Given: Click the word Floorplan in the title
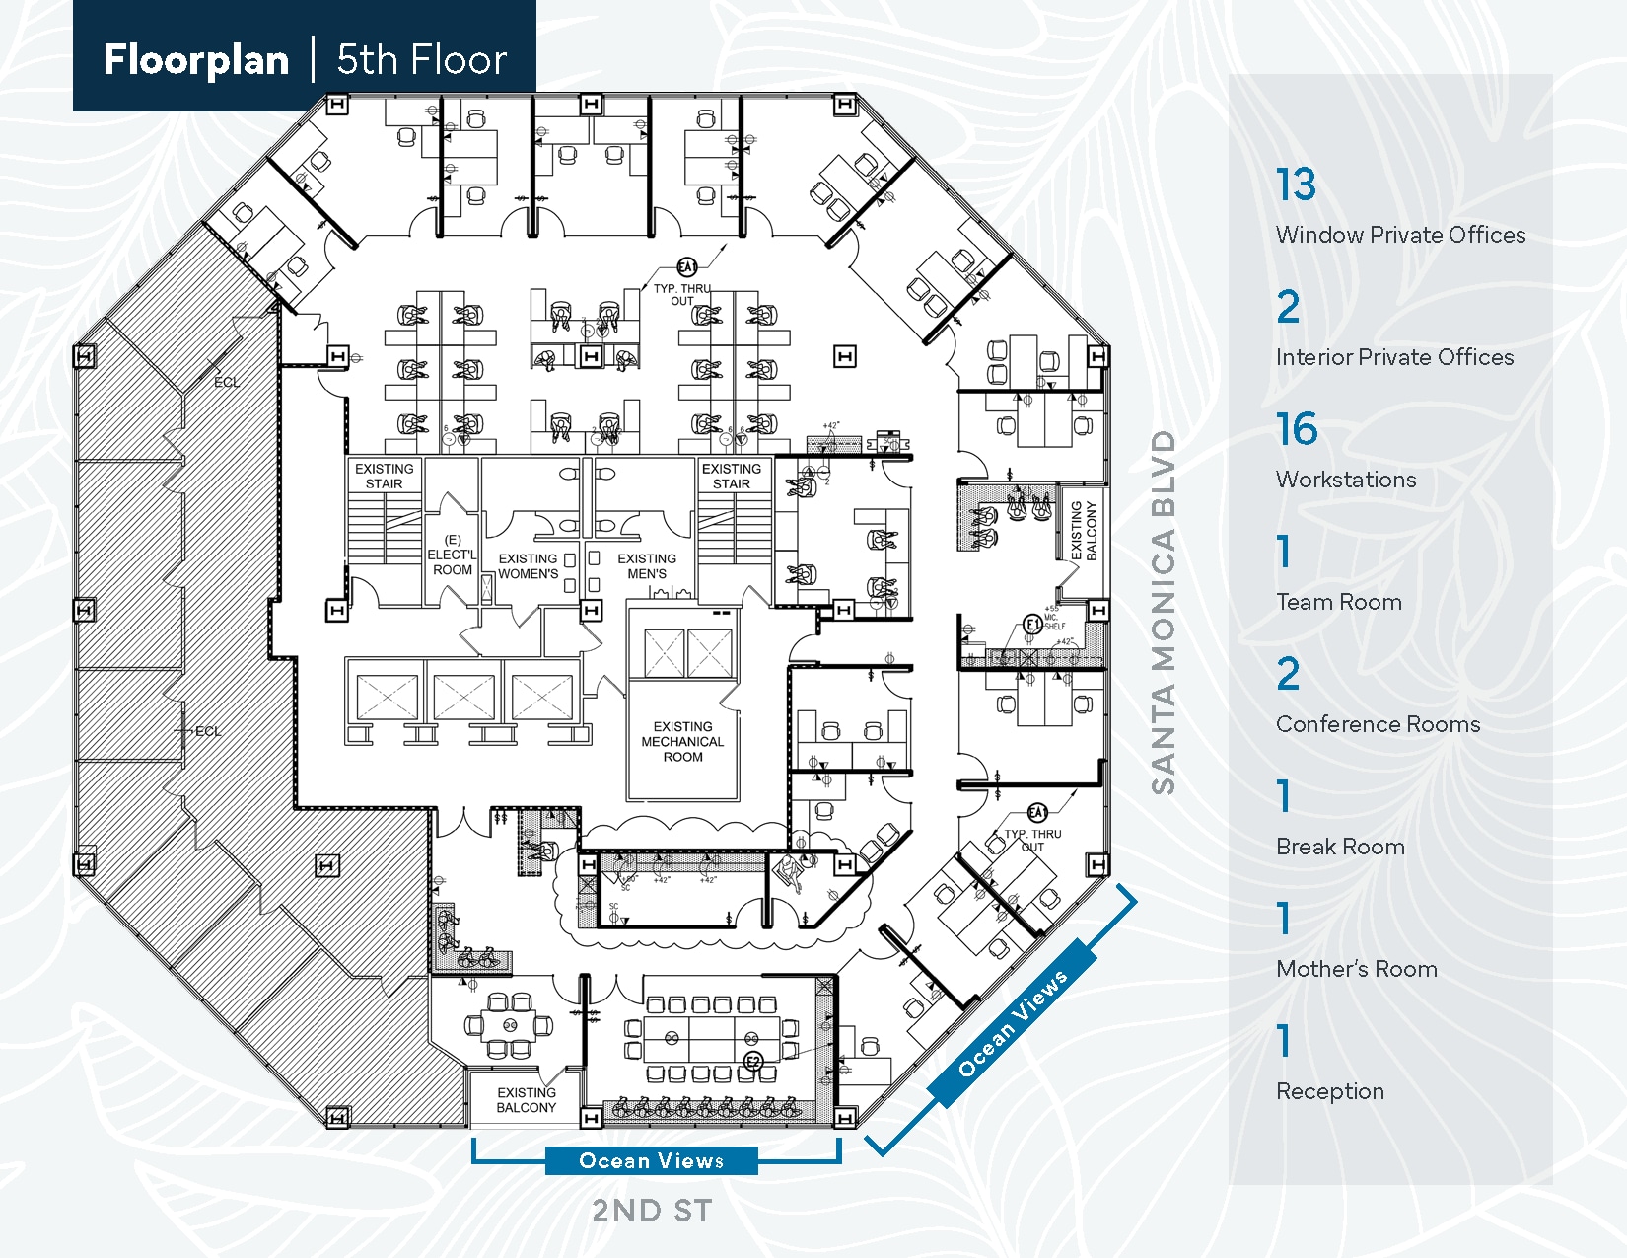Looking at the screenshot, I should [195, 60].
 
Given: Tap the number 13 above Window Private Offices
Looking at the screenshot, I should [1296, 185].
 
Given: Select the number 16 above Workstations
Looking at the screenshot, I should [1297, 429].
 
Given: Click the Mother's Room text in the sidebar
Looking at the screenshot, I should [1356, 969].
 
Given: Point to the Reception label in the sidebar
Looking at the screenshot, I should [1329, 1091].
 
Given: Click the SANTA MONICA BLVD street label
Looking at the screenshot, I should [1164, 612].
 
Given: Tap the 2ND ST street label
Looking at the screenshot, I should [651, 1211].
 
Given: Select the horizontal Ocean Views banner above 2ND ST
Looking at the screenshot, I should [651, 1161].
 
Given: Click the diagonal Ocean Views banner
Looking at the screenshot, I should [1013, 1022].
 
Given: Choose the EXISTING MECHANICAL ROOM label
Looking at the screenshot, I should [682, 742].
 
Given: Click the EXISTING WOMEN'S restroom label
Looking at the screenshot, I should [528, 566].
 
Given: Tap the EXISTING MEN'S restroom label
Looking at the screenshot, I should [647, 566].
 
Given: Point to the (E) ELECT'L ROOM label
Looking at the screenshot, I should [452, 555].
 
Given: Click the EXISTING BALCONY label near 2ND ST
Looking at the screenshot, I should [526, 1100].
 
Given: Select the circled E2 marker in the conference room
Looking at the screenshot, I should [753, 1062].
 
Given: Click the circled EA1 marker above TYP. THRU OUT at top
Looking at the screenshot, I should [686, 267].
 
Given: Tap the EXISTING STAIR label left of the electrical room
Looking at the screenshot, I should [384, 477].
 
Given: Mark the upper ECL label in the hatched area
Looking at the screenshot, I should [226, 382].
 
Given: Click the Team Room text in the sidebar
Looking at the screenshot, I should [1338, 602].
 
